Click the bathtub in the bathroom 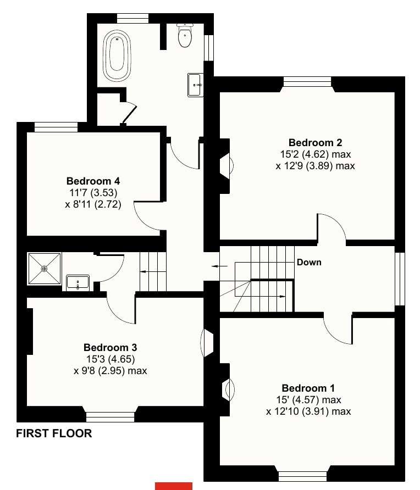click(x=116, y=53)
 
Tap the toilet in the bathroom click(x=185, y=36)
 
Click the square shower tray click(x=44, y=269)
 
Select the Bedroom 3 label click(x=110, y=347)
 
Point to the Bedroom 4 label click(x=93, y=181)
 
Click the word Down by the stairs click(x=309, y=262)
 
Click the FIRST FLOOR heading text click(x=54, y=433)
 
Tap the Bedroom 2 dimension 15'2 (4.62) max click(x=315, y=154)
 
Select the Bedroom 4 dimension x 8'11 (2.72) click(x=92, y=204)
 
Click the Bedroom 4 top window click(x=56, y=127)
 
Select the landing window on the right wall click(x=400, y=278)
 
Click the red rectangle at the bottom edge click(x=174, y=486)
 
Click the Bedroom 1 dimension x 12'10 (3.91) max click(x=308, y=411)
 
